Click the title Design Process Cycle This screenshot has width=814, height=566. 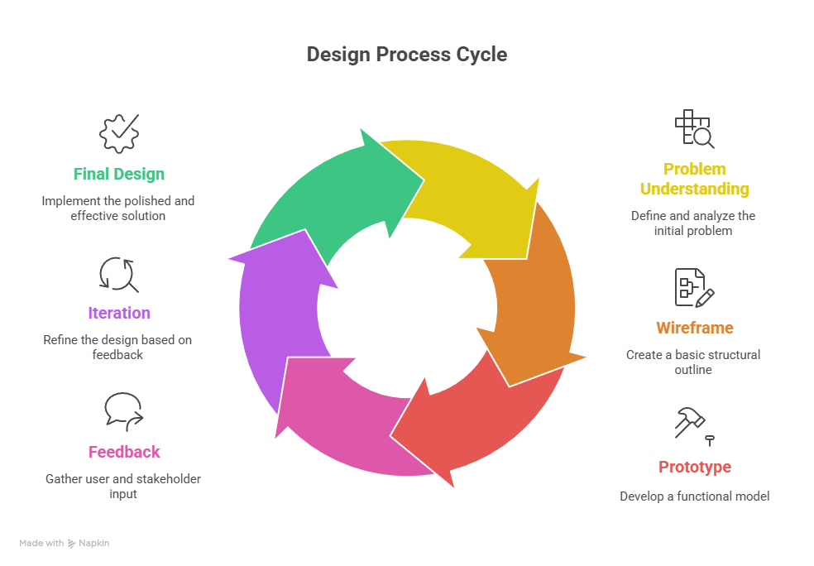[406, 55]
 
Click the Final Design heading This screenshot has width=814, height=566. [118, 174]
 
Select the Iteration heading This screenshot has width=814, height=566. [119, 313]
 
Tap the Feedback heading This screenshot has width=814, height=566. [124, 452]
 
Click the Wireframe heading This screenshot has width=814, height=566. [695, 328]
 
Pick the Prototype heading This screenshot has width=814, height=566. [695, 467]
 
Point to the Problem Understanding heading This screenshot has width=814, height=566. [695, 179]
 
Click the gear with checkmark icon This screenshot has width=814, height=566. [119, 133]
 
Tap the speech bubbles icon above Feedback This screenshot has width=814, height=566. [123, 411]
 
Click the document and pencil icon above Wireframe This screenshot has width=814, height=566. [694, 287]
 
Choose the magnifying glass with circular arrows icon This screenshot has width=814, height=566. [118, 274]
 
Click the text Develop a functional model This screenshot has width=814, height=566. [694, 496]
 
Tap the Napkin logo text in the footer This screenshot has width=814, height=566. [93, 544]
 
